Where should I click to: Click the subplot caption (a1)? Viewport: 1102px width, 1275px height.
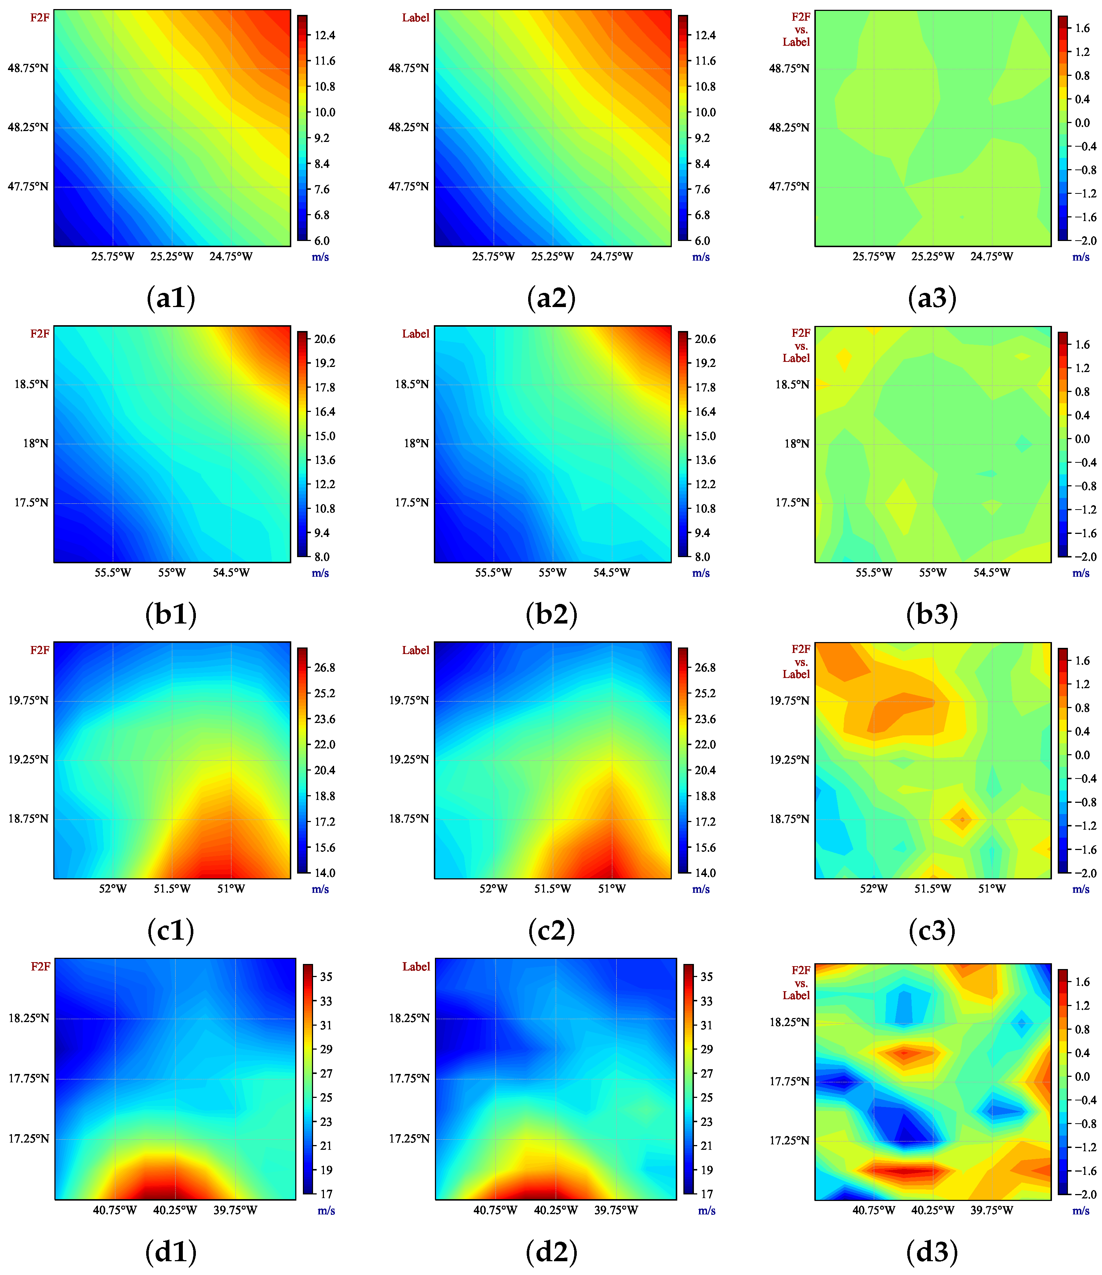coord(171,298)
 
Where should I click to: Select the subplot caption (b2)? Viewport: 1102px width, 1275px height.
coord(552,614)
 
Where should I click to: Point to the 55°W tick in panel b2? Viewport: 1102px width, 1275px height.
coord(552,573)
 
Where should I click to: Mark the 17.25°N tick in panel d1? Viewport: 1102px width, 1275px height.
coord(28,1139)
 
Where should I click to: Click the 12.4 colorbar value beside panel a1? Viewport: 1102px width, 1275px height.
coord(325,35)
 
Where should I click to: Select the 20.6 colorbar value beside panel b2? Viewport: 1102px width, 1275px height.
coord(706,339)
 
